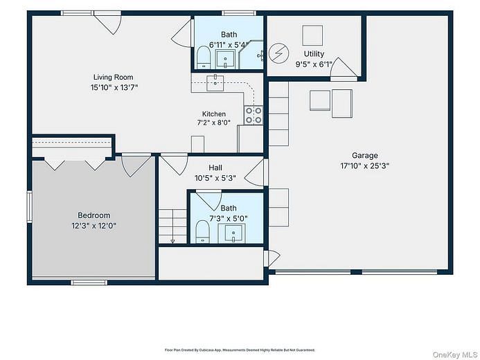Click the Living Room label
coord(114,78)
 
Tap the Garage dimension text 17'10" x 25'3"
coord(364,165)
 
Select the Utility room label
coord(314,54)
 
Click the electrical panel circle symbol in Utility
coord(279,53)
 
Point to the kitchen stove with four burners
coord(254,116)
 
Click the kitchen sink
coord(215,83)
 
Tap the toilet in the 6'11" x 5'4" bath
coord(203,57)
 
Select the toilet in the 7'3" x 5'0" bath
coord(202,231)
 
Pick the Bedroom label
coord(94,215)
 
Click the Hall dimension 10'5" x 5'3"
coord(215,178)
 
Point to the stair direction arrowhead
coord(172,242)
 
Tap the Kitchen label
coord(214,114)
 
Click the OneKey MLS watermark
coord(455,354)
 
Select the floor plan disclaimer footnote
coord(240,350)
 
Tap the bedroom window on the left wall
coord(29,206)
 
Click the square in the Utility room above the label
coord(312,35)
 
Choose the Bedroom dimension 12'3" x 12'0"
coord(94,226)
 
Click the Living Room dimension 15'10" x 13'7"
coord(114,88)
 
